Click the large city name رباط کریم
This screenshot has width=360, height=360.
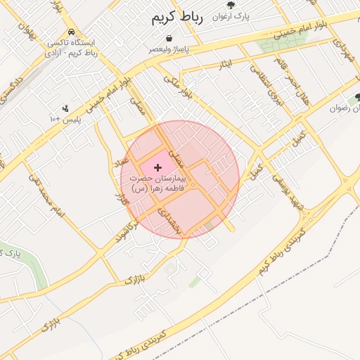(176, 18)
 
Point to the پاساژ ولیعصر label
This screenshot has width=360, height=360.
(168, 50)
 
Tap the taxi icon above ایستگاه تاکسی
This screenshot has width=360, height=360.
(72, 32)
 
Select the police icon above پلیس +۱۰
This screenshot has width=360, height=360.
(65, 108)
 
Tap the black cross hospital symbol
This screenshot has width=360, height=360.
(157, 167)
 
